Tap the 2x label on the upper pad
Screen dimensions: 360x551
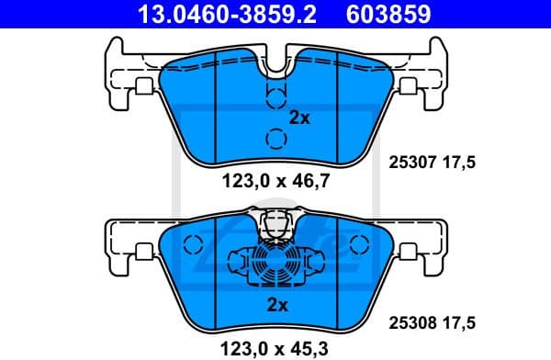tap(300, 118)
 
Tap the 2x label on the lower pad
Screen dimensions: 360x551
tap(276, 304)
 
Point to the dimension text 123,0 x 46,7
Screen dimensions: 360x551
tap(275, 182)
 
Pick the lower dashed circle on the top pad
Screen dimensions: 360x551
tap(275, 139)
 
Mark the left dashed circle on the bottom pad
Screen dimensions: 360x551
tap(193, 245)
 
